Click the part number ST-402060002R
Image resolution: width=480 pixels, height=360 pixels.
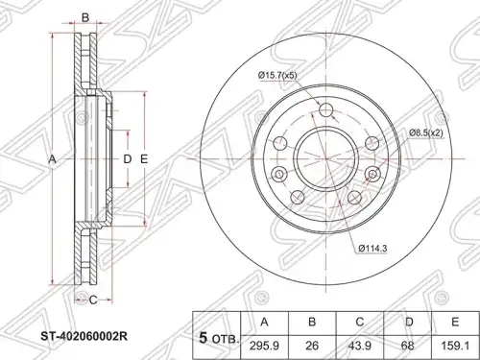click(x=84, y=337)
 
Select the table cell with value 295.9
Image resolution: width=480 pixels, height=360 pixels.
click(x=264, y=347)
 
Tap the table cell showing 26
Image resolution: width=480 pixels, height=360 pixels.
click(x=312, y=347)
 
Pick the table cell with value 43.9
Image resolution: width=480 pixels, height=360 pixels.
click(x=360, y=347)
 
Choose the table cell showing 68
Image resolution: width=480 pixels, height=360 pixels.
click(x=408, y=347)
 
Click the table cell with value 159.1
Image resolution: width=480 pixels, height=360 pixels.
click(x=455, y=347)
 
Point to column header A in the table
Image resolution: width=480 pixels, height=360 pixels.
click(x=264, y=323)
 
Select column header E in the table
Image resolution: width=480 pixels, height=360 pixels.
click(x=455, y=323)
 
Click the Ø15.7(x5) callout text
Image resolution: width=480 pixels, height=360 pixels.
click(x=277, y=76)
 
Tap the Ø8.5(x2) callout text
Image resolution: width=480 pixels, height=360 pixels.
click(x=426, y=132)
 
